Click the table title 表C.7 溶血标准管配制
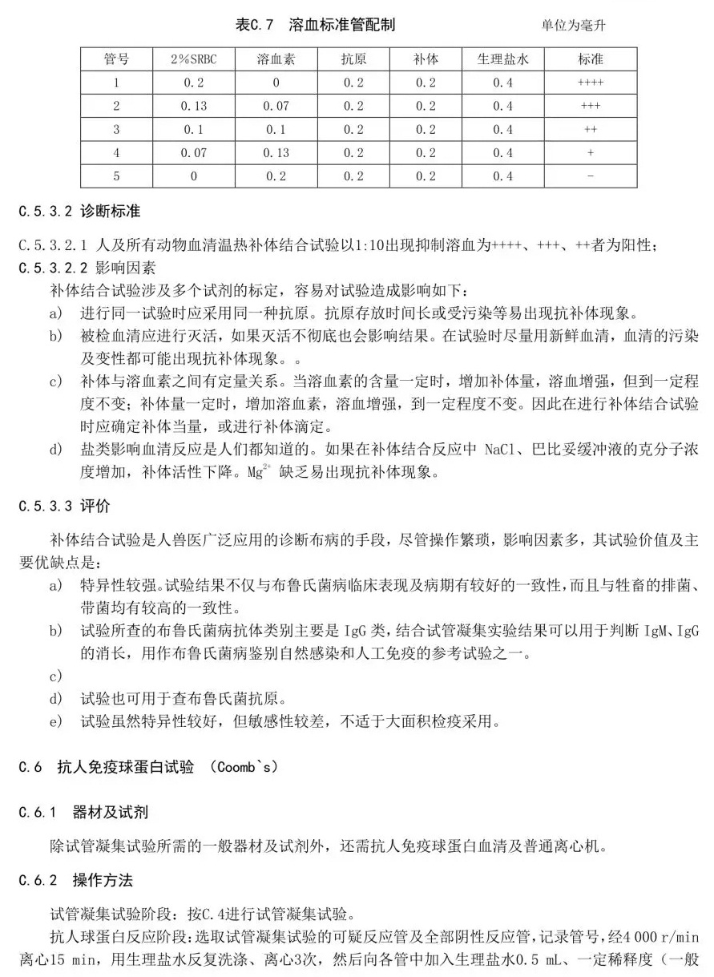click(x=315, y=25)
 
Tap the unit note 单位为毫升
click(x=573, y=26)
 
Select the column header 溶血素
click(x=275, y=59)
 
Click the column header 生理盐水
click(x=503, y=59)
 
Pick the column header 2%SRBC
click(x=193, y=59)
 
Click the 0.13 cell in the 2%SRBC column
click(x=193, y=106)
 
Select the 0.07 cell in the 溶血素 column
click(x=275, y=106)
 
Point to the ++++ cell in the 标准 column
click(x=591, y=83)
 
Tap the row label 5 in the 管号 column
click(x=116, y=176)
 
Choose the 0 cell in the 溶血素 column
click(x=275, y=83)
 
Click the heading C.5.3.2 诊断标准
click(x=79, y=212)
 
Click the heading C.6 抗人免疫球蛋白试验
click(x=148, y=767)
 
